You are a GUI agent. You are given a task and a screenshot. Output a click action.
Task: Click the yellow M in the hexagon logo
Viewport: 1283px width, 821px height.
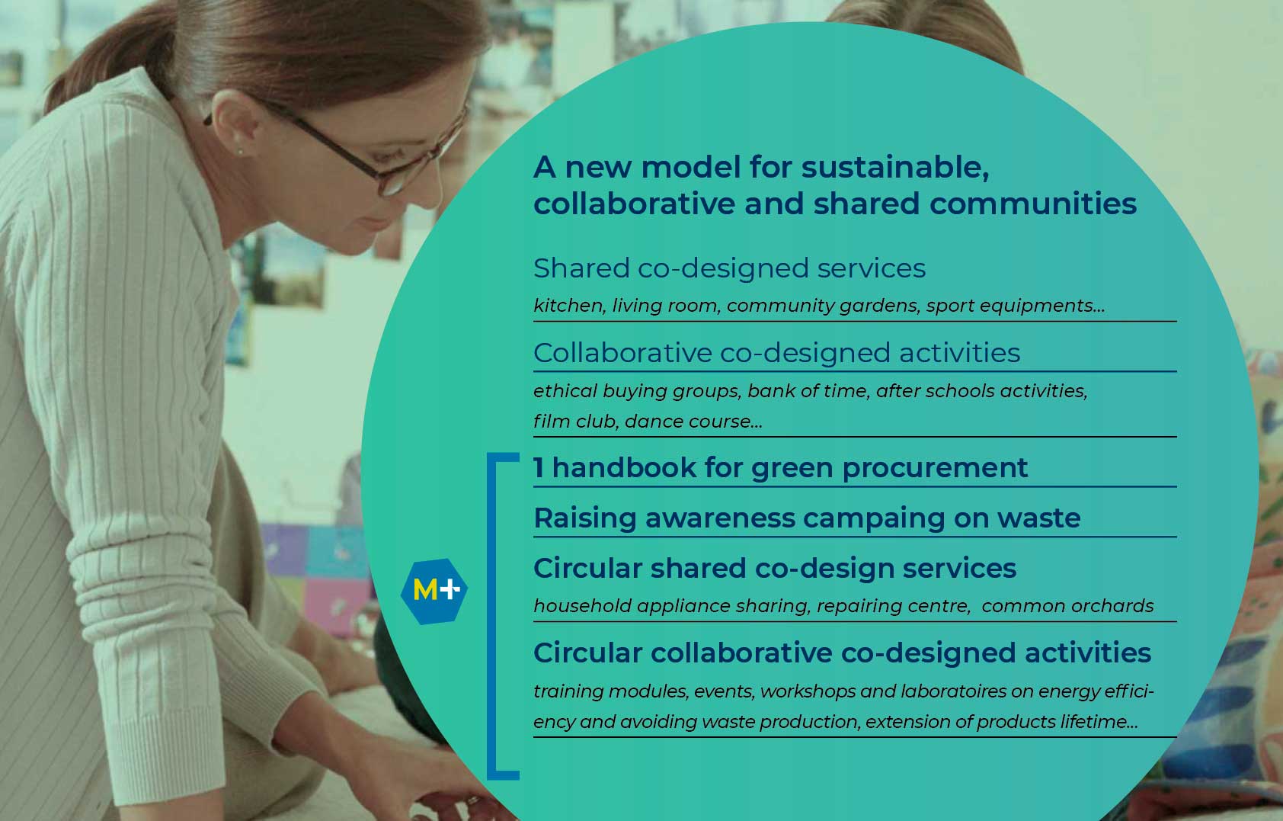pos(425,590)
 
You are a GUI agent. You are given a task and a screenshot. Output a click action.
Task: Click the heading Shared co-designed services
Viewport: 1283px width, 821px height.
pos(729,268)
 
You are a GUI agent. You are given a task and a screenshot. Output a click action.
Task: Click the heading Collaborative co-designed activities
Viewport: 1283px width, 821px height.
pos(776,353)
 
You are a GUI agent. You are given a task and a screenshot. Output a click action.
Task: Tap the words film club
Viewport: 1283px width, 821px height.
pos(576,421)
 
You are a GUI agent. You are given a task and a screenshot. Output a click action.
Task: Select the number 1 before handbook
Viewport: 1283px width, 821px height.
pos(539,467)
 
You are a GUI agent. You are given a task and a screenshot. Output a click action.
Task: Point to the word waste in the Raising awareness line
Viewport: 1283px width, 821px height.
pos(1038,518)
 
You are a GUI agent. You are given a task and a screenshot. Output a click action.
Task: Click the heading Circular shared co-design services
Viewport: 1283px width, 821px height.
pos(774,569)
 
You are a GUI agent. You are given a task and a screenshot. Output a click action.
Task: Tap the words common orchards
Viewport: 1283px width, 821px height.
pos(1067,605)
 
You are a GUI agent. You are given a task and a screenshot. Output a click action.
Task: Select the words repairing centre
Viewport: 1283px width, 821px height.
pos(893,606)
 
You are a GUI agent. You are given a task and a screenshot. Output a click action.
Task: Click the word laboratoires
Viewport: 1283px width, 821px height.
pos(953,691)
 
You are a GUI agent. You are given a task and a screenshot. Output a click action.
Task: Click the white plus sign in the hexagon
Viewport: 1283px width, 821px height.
pos(450,588)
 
